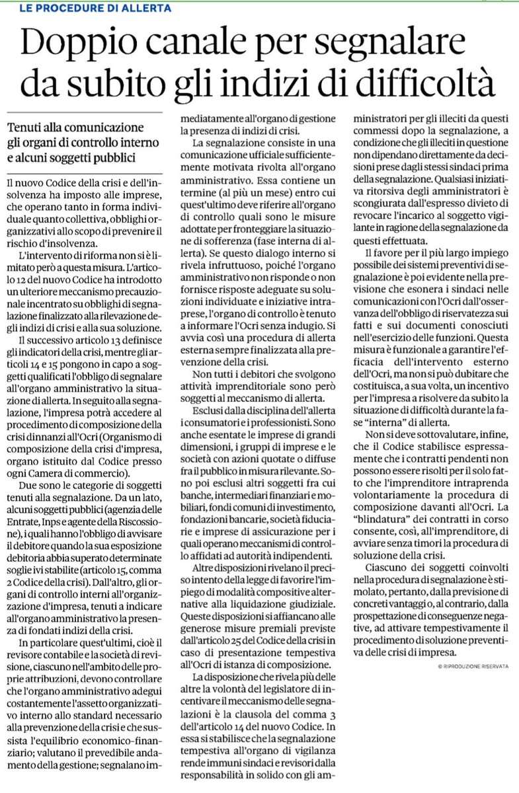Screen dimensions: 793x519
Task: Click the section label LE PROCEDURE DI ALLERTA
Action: click(x=90, y=9)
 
